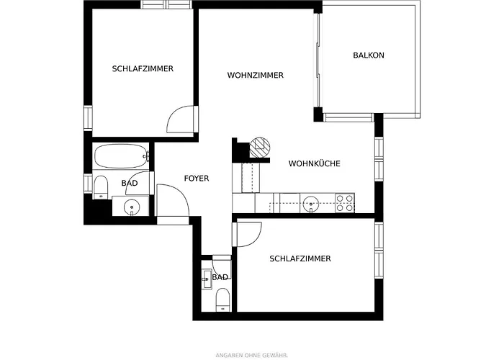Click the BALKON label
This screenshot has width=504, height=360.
(369, 55)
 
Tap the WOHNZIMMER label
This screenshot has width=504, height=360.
(255, 75)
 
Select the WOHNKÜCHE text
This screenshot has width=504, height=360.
(314, 163)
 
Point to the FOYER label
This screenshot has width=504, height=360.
(197, 178)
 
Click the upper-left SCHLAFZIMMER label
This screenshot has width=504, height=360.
(143, 69)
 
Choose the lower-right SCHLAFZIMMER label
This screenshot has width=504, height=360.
(300, 258)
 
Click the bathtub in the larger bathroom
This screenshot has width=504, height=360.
(122, 154)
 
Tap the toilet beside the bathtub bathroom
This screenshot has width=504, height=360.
(101, 185)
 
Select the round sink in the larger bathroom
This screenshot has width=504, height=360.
(131, 207)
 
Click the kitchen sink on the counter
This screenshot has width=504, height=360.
(311, 202)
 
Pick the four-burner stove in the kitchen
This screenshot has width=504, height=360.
(345, 202)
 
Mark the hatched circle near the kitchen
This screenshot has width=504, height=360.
(259, 146)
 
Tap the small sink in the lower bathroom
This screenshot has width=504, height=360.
(207, 278)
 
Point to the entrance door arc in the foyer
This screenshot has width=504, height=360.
(173, 200)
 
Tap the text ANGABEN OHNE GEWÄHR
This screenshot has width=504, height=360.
(251, 355)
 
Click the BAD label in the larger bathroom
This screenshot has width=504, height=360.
(130, 183)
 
